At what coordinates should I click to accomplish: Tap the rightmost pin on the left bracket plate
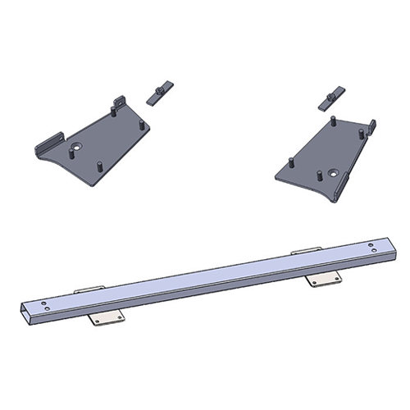point(143,125)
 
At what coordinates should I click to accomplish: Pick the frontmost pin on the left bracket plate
point(97,163)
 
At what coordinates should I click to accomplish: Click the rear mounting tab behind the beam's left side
point(86,290)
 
